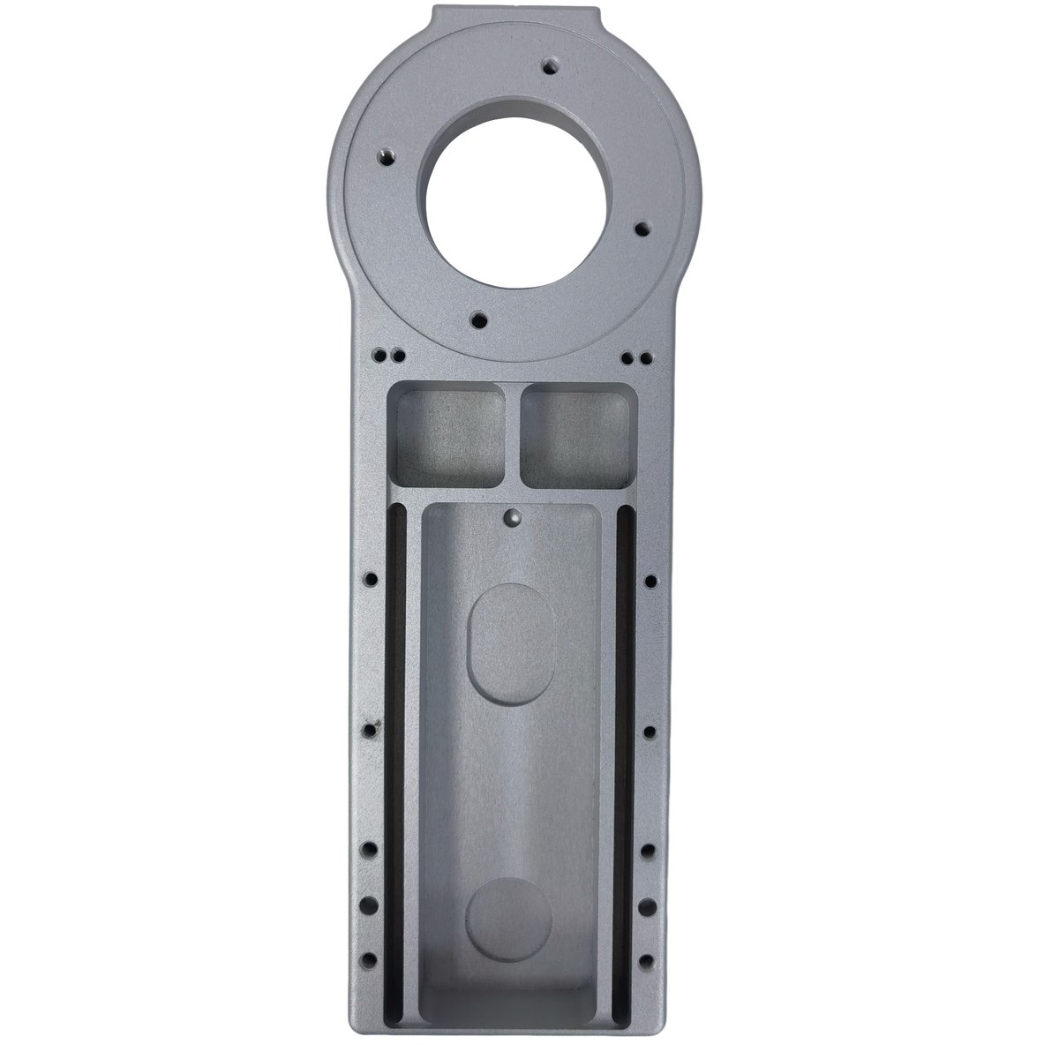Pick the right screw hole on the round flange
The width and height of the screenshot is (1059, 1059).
coord(642,228)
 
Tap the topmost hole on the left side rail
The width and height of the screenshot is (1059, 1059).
coord(370,580)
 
